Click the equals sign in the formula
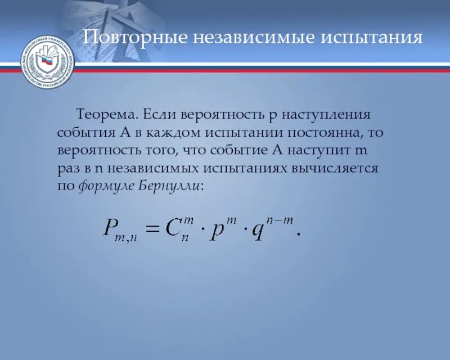point(158,228)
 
